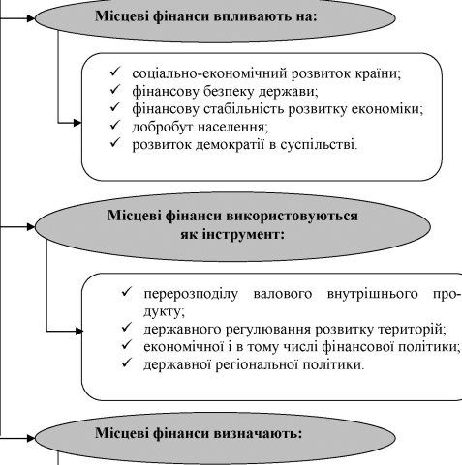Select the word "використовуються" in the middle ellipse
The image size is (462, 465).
click(x=292, y=216)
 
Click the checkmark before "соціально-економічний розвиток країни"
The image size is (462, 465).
click(x=115, y=71)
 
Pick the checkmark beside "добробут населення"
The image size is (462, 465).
click(x=115, y=125)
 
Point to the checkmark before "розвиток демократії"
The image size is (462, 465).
click(x=115, y=142)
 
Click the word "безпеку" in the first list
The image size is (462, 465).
click(x=229, y=92)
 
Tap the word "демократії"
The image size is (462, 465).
click(x=231, y=145)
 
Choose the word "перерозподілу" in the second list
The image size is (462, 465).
click(x=191, y=294)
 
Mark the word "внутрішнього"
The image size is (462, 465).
click(x=372, y=294)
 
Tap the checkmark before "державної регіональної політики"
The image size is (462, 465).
click(x=127, y=363)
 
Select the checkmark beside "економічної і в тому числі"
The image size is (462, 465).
click(x=127, y=344)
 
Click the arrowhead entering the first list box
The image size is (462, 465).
click(x=77, y=123)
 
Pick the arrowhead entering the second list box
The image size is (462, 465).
click(x=79, y=331)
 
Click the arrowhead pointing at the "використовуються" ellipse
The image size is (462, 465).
click(x=31, y=227)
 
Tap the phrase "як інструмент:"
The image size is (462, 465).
click(x=232, y=234)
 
